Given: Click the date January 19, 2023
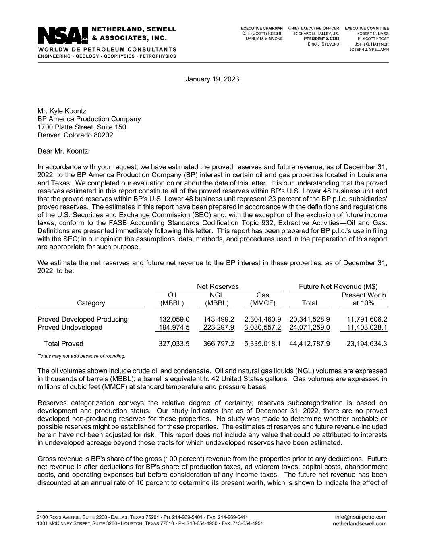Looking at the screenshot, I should pyautogui.click(x=212, y=79).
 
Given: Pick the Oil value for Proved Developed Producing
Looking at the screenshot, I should pyautogui.click(x=174, y=319).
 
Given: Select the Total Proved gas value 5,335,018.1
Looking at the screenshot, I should pyautogui.click(x=262, y=344).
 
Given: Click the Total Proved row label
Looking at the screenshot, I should pyautogui.click(x=63, y=344).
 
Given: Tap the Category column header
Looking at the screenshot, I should pyautogui.click(x=91, y=303).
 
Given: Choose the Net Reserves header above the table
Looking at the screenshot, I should pyautogui.click(x=218, y=286).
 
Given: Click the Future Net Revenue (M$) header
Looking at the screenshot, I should pyautogui.click(x=338, y=286).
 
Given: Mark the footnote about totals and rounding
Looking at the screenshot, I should pyautogui.click(x=81, y=356).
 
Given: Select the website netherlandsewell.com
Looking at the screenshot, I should pyautogui.click(x=359, y=523).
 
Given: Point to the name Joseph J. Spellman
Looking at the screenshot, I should pyautogui.click(x=369, y=49).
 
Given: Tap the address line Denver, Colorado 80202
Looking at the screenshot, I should pyautogui.click(x=75, y=135).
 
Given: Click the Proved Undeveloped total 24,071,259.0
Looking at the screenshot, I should pyautogui.click(x=309, y=327).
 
